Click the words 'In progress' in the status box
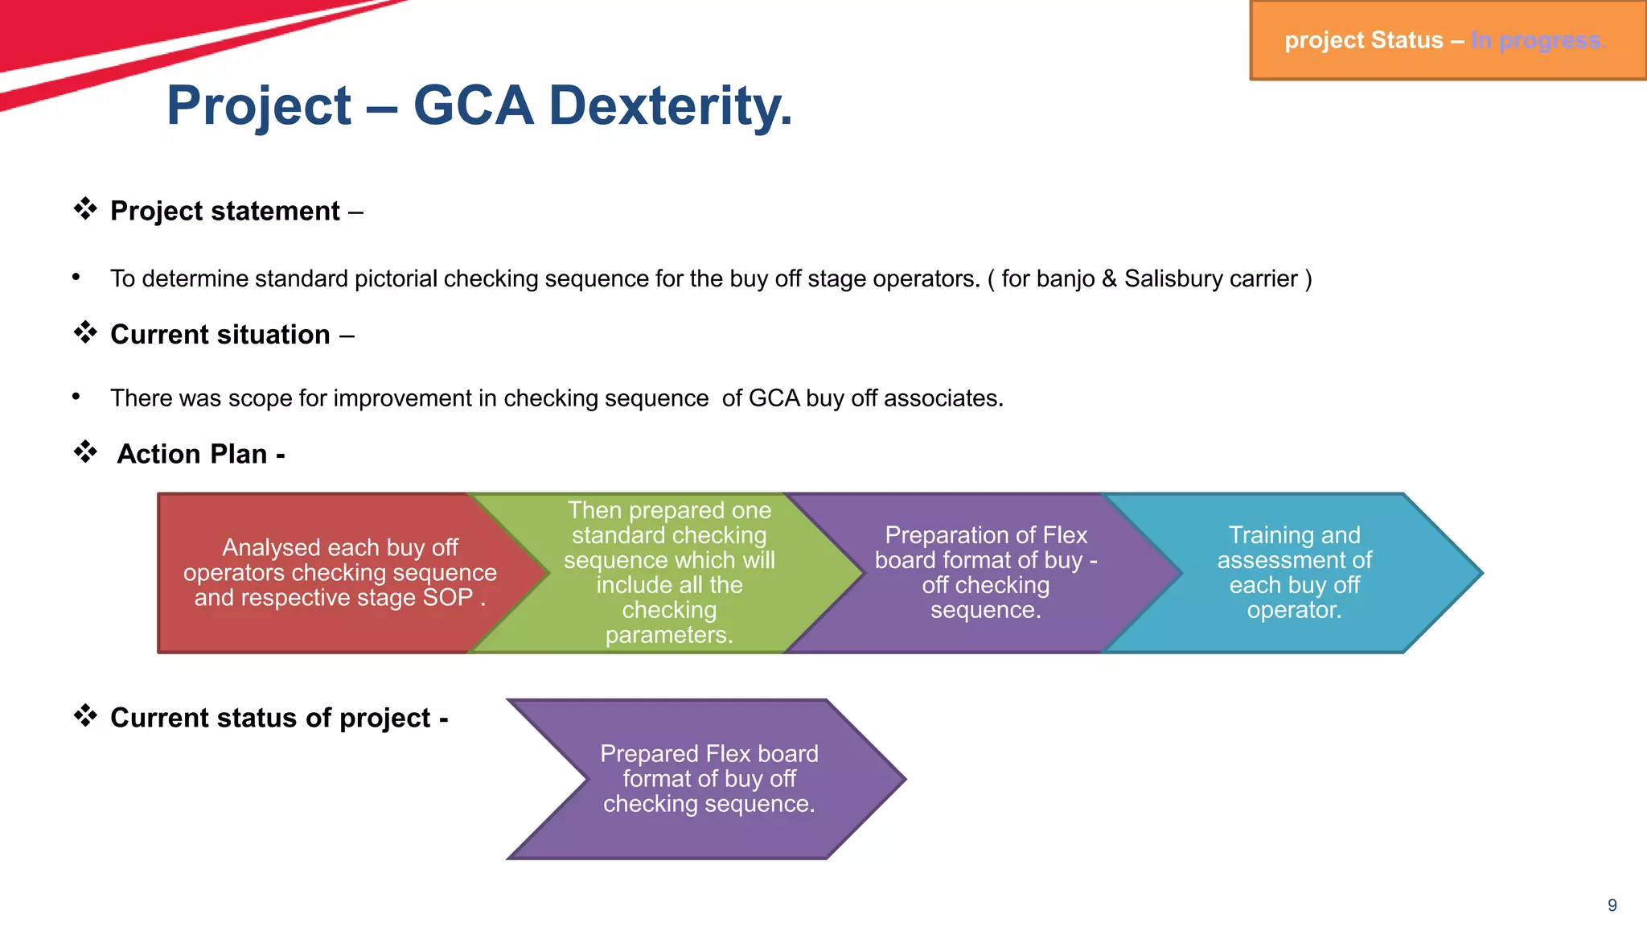tap(1537, 40)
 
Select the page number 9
tap(1612, 905)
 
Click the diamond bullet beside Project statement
tap(85, 209)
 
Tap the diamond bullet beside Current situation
tap(85, 332)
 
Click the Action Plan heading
tap(201, 454)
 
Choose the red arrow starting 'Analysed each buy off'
tap(322, 572)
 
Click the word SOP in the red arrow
tap(448, 598)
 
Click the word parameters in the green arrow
tap(669, 635)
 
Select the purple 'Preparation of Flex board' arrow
tap(985, 572)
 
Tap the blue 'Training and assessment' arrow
tap(1294, 572)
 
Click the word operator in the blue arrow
tap(1293, 610)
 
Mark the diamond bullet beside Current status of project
tap(85, 715)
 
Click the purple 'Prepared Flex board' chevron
tap(708, 778)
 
